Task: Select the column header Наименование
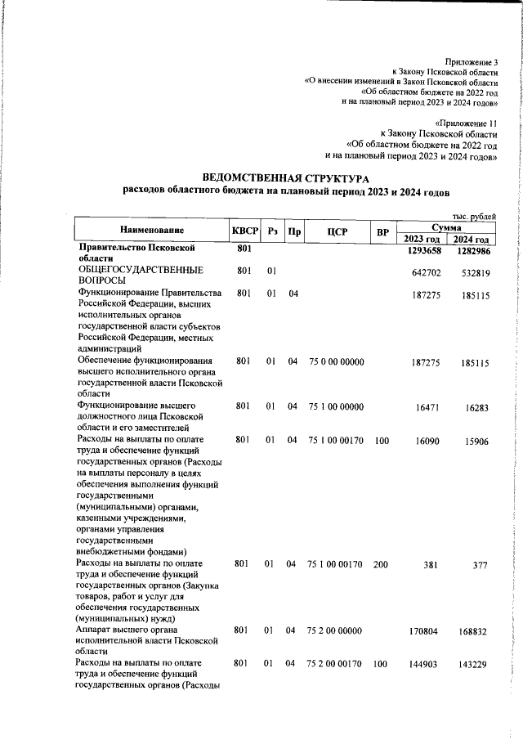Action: (x=151, y=231)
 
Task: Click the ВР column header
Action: (x=381, y=232)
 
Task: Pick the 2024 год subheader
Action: (x=472, y=239)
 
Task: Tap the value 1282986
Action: (x=472, y=250)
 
